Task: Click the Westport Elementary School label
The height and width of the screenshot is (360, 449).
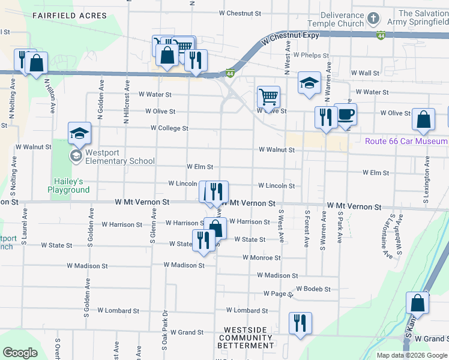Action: (x=119, y=157)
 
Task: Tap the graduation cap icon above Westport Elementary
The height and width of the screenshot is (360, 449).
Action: (x=79, y=133)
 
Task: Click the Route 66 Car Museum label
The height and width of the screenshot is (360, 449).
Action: (x=406, y=141)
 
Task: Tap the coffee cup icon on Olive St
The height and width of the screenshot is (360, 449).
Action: (x=346, y=114)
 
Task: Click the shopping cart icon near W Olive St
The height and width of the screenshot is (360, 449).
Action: (x=268, y=96)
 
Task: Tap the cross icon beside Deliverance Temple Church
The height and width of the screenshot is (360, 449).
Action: (x=373, y=19)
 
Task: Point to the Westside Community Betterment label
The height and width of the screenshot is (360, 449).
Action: (x=249, y=338)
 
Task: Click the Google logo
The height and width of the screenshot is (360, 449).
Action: (x=20, y=353)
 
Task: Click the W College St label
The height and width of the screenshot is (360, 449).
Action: (x=169, y=128)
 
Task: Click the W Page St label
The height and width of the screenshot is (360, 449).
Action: (x=277, y=294)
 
